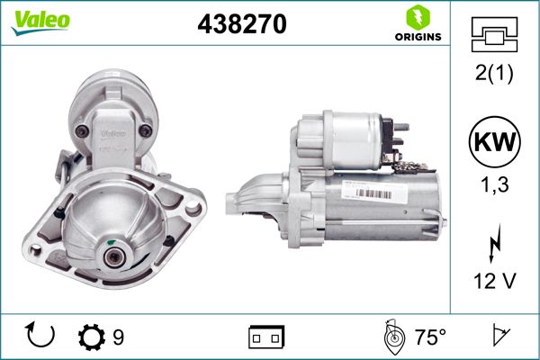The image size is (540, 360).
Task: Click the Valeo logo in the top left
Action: [40, 22]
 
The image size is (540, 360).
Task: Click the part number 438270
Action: [242, 24]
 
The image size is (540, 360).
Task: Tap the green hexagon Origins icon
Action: [418, 18]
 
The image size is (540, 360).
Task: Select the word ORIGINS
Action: [418, 37]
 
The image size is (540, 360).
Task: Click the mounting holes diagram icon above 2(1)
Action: [494, 34]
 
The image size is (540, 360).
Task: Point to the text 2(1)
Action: [494, 72]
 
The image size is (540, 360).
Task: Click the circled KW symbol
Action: [494, 141]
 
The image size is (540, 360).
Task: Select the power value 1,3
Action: [494, 184]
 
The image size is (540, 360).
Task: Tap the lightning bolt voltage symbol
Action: [494, 243]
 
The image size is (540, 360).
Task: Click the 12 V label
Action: [494, 281]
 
